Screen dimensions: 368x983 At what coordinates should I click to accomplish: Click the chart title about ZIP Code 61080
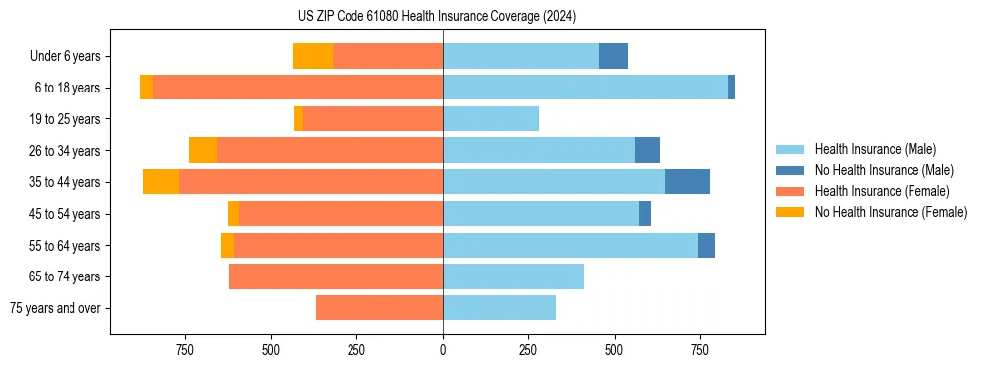point(436,16)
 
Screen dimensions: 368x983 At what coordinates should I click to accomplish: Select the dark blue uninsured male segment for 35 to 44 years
point(687,182)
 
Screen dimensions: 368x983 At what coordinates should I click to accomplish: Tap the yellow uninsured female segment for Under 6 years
point(313,56)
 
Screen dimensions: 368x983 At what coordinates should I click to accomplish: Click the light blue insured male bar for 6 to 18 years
point(585,88)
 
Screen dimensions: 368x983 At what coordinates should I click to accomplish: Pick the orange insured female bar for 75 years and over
point(379,308)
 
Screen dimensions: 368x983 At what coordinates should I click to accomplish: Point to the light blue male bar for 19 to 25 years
point(491,119)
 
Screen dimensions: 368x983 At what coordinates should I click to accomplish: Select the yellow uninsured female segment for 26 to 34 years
point(203,150)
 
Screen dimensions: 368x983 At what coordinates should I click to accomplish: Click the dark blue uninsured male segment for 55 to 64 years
point(706,245)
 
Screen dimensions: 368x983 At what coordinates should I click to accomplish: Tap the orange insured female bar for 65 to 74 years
point(336,276)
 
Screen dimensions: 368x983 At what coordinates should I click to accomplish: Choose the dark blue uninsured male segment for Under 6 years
point(613,56)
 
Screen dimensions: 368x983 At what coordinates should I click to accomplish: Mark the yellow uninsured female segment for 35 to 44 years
point(161,182)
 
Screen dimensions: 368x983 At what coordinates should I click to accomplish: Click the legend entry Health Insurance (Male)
point(875,149)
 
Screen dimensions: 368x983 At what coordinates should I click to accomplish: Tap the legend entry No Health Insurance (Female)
point(891,212)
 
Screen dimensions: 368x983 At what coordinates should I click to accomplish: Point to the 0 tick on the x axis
point(443,350)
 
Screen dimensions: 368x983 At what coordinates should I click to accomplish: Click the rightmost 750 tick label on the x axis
point(700,350)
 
